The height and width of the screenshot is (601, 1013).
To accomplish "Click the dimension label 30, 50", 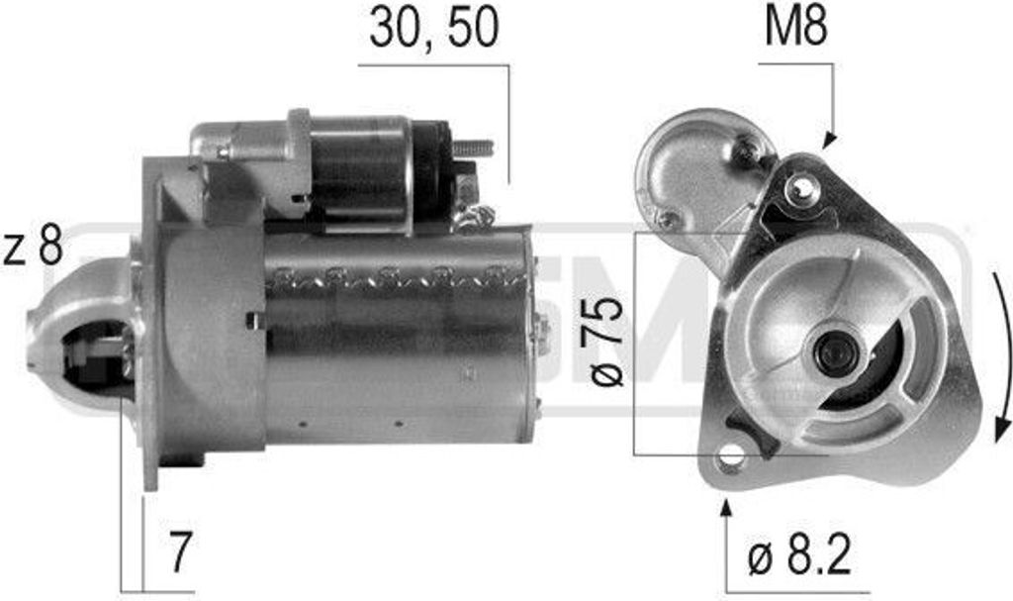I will tap(433, 31).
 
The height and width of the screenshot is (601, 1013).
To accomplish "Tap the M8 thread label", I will tap(794, 29).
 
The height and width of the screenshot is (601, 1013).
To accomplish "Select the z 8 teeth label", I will tap(33, 248).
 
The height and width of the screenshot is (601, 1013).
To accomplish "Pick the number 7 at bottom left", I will tap(178, 553).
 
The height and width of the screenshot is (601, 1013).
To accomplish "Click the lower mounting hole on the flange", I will tap(730, 456).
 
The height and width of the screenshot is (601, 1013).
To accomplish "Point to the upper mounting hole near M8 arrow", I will tap(803, 185).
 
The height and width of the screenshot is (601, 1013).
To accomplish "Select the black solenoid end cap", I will tap(431, 170).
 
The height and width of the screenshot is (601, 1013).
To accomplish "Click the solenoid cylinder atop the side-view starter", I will tap(361, 170).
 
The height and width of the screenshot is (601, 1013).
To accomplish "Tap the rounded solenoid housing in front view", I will tap(692, 168).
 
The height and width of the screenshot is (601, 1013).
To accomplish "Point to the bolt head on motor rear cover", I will tap(540, 326).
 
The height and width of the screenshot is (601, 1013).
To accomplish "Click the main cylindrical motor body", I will tap(396, 337).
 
